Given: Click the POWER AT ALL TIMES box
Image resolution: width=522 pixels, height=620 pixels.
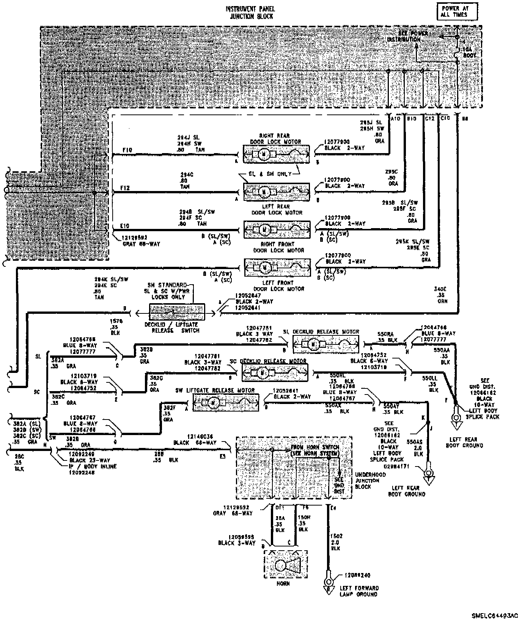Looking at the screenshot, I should tap(457, 11).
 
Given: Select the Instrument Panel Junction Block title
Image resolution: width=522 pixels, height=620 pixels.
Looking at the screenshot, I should tap(250, 13).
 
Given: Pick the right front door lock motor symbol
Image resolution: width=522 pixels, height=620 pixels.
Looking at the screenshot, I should tap(277, 230).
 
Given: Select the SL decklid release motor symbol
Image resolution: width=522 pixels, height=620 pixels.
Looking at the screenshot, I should tap(326, 344).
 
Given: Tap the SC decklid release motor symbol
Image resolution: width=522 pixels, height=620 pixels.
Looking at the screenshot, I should tap(275, 373).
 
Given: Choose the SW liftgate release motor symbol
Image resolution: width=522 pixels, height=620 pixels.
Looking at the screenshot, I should tap(226, 402).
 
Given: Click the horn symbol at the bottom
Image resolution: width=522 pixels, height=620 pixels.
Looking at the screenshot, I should tap(285, 565).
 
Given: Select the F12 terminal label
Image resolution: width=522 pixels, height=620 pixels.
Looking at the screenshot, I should tap(125, 188).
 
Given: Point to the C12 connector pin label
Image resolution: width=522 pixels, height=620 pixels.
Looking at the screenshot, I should tap(429, 119).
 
